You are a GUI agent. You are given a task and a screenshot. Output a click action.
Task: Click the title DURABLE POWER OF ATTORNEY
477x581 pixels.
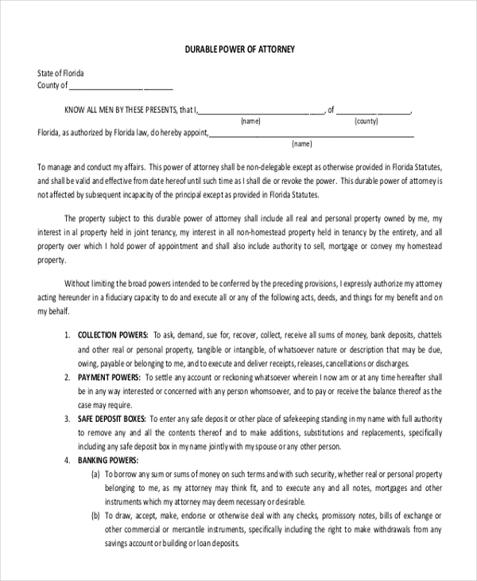coord(238,49)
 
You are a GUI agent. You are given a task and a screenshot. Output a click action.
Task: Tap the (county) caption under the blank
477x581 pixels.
coord(366,122)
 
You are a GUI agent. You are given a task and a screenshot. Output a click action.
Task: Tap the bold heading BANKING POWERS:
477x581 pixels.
coord(108,460)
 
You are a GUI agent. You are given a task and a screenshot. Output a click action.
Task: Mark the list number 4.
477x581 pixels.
coord(67,460)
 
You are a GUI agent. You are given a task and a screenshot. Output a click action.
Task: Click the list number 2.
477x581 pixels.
coord(67,376)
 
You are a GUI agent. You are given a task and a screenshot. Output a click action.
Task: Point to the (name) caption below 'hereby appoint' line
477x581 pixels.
coord(302,145)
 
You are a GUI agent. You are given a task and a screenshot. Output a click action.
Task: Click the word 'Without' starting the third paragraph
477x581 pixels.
coord(79,283)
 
